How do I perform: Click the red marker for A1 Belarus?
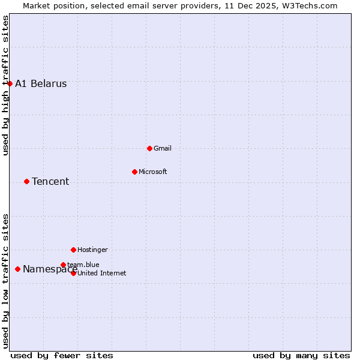click(10, 83)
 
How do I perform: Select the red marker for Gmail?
click(149, 148)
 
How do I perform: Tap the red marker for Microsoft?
click(134, 172)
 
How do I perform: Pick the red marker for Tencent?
click(26, 181)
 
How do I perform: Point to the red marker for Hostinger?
click(73, 250)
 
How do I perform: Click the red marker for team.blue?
click(63, 265)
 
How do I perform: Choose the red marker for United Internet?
click(73, 273)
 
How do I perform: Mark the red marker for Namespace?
click(17, 269)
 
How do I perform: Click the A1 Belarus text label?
click(41, 84)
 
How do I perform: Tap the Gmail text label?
click(163, 148)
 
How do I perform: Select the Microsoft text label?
click(153, 172)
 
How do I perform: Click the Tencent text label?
click(50, 182)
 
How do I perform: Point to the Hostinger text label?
click(93, 250)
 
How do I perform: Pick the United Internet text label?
click(102, 273)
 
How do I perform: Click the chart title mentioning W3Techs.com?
click(180, 5)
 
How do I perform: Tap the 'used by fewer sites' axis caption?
click(62, 355)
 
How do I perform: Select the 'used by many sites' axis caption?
click(301, 355)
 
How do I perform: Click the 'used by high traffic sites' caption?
click(5, 85)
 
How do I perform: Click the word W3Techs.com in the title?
click(310, 5)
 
